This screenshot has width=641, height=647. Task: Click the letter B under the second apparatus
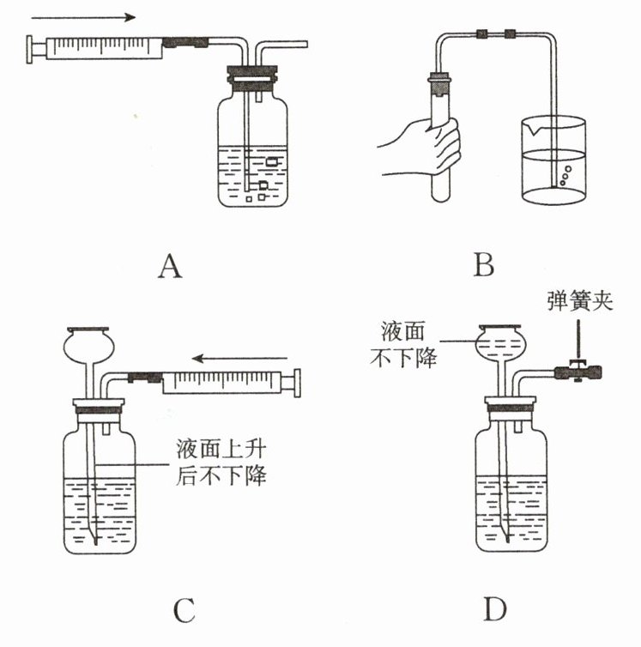[484, 267]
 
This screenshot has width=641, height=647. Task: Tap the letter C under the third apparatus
[184, 610]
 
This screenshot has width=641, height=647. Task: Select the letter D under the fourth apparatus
[494, 608]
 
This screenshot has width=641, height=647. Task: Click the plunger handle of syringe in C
[298, 381]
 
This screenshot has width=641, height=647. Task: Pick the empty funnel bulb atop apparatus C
[88, 345]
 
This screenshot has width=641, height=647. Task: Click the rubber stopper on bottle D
[511, 406]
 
